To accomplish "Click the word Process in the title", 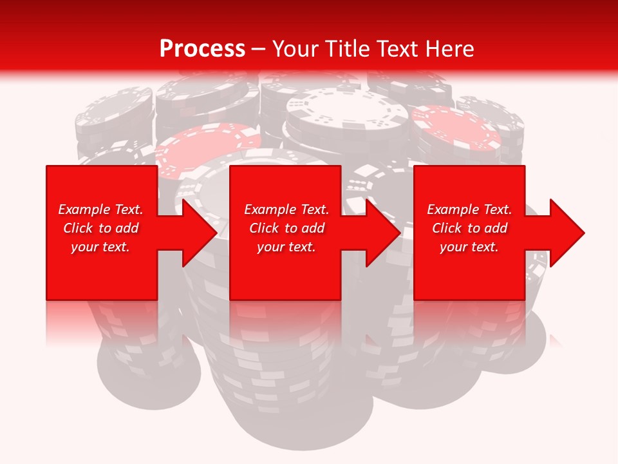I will pyautogui.click(x=202, y=49).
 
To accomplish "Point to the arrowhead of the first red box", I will pyautogui.click(x=196, y=233).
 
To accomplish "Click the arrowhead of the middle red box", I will pyautogui.click(x=380, y=233).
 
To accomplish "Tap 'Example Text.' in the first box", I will pyautogui.click(x=100, y=209).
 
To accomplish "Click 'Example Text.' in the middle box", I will pyautogui.click(x=286, y=209).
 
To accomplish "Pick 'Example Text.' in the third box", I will pyautogui.click(x=469, y=209).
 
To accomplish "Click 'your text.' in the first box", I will pyautogui.click(x=100, y=247).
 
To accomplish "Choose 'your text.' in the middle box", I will pyautogui.click(x=286, y=247).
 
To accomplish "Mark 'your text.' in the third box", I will pyautogui.click(x=469, y=247).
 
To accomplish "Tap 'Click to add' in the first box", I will pyautogui.click(x=100, y=228).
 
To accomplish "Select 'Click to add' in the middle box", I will pyautogui.click(x=286, y=228).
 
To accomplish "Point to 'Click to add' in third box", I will pyautogui.click(x=469, y=228).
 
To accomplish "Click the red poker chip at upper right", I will pyautogui.click(x=456, y=129).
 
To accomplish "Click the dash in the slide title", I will pyautogui.click(x=258, y=49).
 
